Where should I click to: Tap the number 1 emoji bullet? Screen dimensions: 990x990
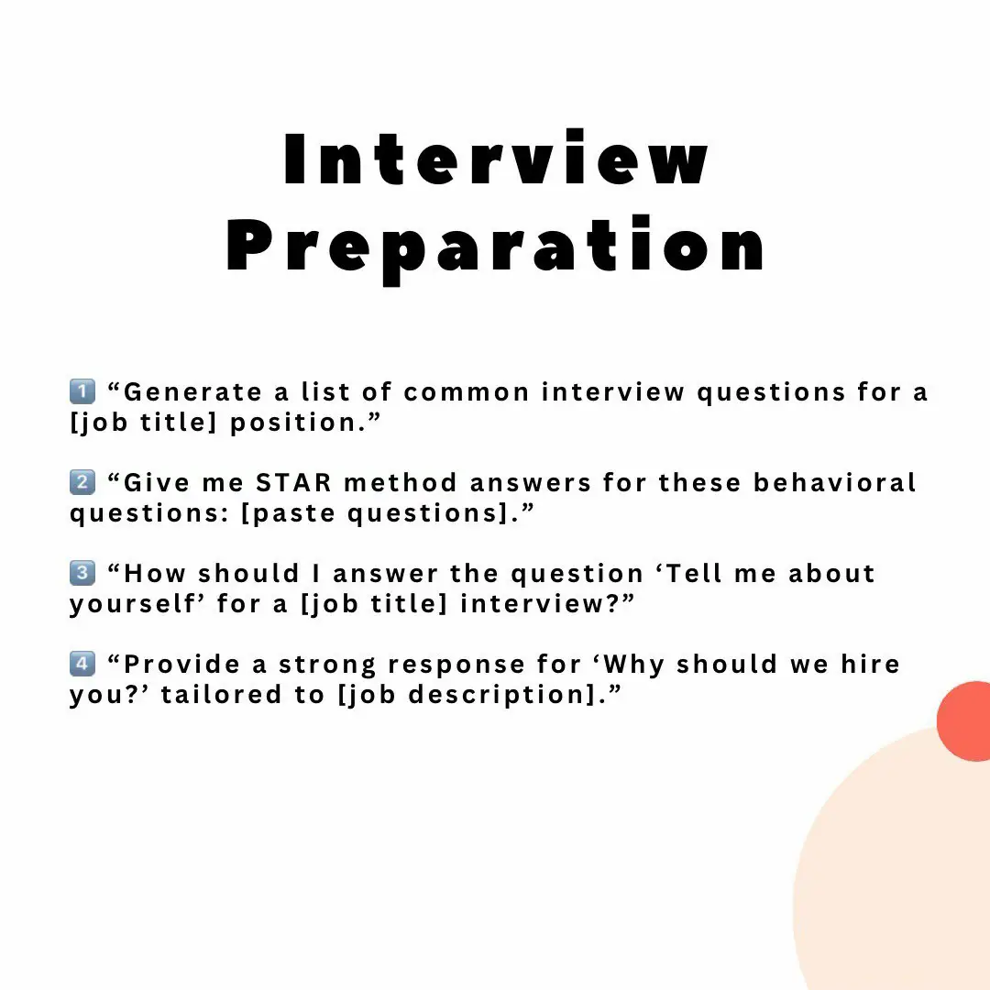point(82,391)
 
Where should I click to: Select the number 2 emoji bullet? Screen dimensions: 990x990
point(82,482)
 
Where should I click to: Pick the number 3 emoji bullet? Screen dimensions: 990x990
point(82,573)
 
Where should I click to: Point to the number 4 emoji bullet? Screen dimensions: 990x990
point(82,664)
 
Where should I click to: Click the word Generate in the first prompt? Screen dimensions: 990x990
point(192,392)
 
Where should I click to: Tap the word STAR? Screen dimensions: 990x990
point(293,483)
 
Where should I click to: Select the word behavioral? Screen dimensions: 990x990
point(835,483)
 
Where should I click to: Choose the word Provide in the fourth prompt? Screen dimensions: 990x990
point(181,665)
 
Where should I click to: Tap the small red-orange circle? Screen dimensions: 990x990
point(964,721)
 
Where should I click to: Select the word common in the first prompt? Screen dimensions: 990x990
point(467,392)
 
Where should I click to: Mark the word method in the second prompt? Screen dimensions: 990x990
point(401,483)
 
